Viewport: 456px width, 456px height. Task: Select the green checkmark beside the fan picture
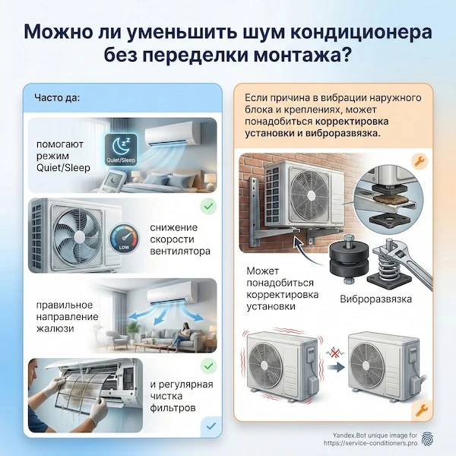coord(206,206)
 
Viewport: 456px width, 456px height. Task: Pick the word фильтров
coord(174,408)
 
